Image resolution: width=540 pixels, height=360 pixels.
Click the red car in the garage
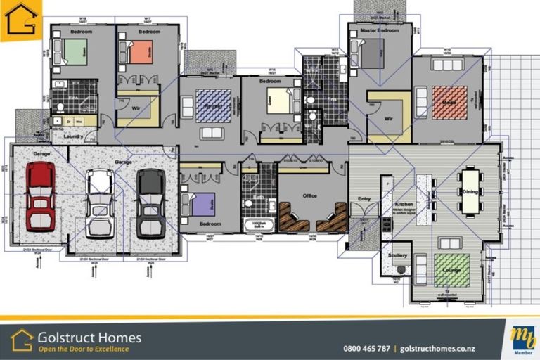pos(40,196)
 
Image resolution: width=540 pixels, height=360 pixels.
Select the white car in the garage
pos(99,202)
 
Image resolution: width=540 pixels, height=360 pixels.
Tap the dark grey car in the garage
pos(150,202)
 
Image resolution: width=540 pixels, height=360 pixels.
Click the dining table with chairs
pos(470,192)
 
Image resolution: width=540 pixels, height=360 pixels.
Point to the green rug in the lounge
pos(451,270)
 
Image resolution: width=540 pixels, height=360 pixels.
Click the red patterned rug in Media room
pos(449,103)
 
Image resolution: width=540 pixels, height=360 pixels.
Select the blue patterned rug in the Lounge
pos(213,106)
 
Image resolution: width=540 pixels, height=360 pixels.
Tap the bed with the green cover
pos(72,51)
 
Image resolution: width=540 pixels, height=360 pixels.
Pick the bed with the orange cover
pos(137,51)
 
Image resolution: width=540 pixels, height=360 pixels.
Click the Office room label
pos(310,196)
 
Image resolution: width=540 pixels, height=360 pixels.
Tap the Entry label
pos(364,199)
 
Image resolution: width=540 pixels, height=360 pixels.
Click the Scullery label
pos(398,255)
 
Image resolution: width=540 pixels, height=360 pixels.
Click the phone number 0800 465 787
pos(366,348)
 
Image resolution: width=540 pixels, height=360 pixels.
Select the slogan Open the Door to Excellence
pos(83,349)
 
